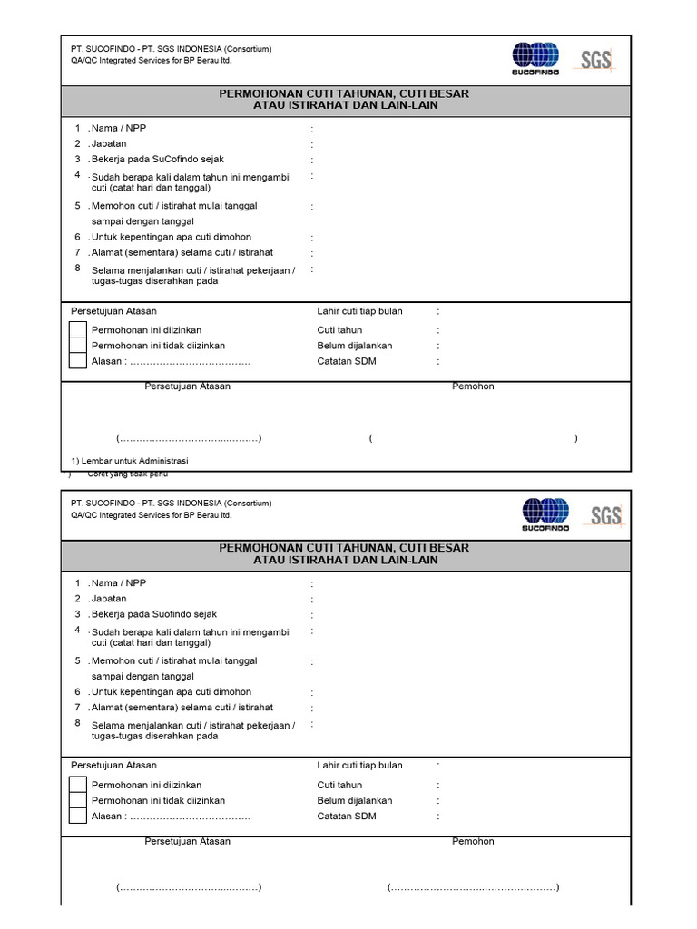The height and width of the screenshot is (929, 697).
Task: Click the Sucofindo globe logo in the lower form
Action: pos(545,513)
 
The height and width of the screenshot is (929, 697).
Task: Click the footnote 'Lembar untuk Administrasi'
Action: pos(129,461)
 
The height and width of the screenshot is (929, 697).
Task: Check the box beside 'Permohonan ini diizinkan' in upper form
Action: pos(79,329)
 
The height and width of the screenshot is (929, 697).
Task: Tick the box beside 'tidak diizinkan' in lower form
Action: pos(79,801)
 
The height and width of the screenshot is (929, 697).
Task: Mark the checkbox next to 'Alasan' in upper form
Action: pos(79,361)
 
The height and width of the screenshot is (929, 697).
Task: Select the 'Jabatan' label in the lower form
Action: pos(109,599)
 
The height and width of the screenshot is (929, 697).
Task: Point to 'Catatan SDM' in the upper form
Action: pos(347,361)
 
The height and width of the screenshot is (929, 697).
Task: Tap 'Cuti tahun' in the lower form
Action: pos(339,785)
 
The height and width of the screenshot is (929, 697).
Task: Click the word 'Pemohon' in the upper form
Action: pos(474,386)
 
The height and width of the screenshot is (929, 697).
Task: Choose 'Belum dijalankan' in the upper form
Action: pos(355,346)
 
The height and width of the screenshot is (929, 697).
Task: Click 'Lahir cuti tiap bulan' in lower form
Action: pos(359,766)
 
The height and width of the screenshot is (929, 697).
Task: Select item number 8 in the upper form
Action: pos(78,269)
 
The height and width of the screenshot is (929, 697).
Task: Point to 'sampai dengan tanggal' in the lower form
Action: pos(142,677)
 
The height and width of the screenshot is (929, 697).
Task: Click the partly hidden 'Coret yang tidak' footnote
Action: pos(127,474)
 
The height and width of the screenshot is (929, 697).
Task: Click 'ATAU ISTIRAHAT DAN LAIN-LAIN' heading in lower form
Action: pos(345,561)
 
